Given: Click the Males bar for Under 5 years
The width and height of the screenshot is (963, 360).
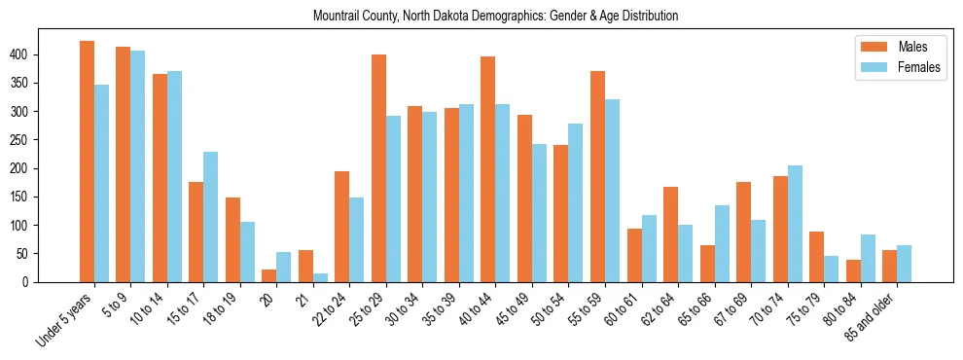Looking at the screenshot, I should coord(87,162).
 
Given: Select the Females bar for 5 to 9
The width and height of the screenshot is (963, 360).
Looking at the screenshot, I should coord(138,166).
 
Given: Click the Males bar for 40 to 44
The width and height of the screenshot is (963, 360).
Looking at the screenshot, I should coord(488,169).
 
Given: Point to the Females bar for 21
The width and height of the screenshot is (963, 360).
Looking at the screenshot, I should coord(320,277).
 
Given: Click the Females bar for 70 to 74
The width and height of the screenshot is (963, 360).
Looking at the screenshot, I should coord(795,224).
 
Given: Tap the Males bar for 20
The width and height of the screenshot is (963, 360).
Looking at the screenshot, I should coord(269,275).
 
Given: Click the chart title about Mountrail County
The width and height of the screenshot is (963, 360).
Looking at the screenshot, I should coord(496,17).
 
